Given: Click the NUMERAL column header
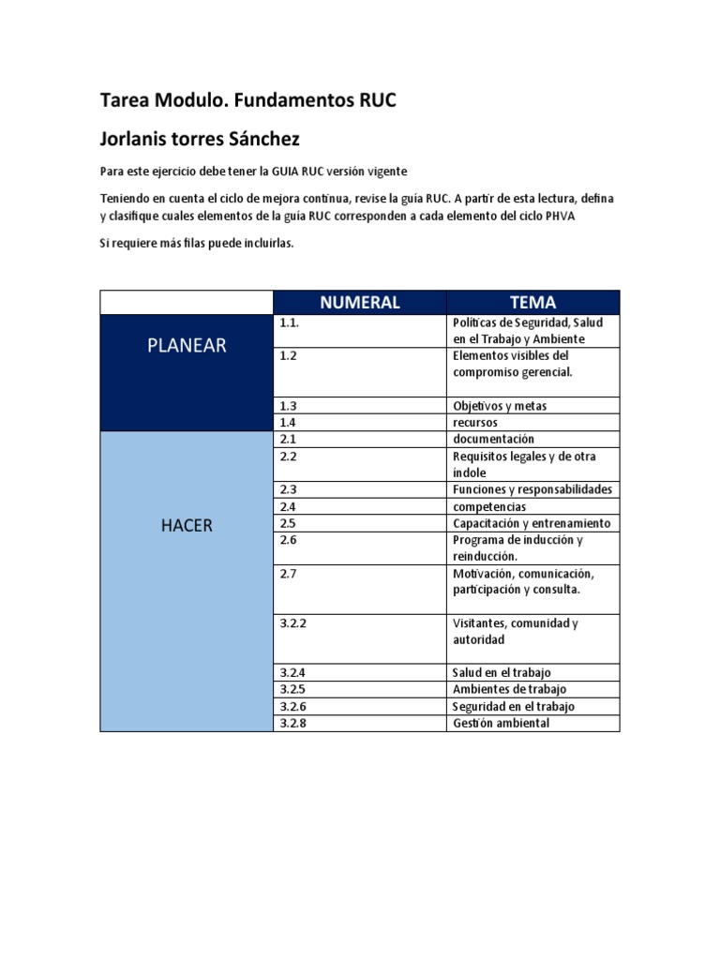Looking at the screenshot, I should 359,302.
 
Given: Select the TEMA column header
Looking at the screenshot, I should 532,302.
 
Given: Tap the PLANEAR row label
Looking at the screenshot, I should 187,345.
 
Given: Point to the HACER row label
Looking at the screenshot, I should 187,525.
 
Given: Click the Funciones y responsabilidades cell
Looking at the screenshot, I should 532,489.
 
